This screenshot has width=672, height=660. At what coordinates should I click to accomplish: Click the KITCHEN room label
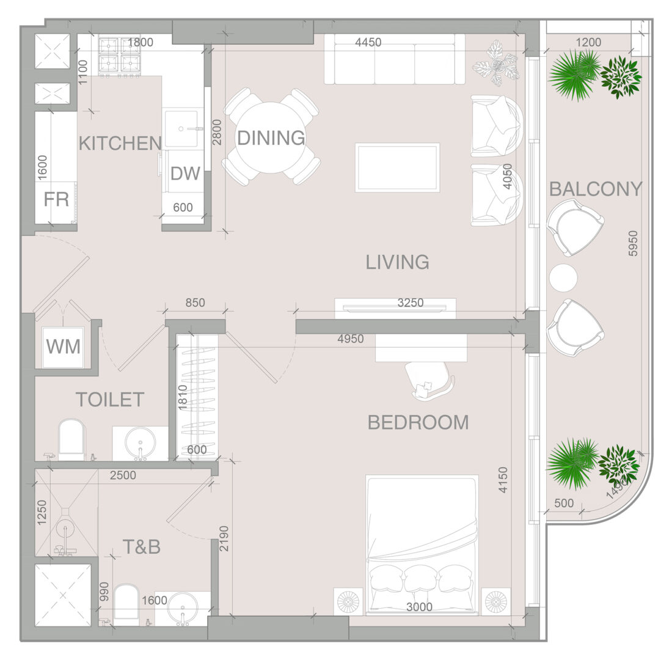[x=120, y=143]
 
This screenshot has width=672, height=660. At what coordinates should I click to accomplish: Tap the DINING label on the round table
[x=271, y=138]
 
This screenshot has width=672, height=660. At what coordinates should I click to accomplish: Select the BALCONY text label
[x=596, y=189]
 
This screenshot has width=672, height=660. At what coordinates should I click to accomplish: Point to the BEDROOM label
[x=418, y=423]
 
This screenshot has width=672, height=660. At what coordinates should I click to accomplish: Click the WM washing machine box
[x=64, y=346]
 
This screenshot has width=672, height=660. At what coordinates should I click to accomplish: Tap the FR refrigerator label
[x=56, y=199]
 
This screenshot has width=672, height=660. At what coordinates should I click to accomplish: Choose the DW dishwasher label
[x=185, y=174]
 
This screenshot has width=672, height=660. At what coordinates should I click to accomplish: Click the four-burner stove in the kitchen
[x=119, y=57]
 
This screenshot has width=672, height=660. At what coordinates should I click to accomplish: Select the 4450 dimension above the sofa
[x=368, y=42]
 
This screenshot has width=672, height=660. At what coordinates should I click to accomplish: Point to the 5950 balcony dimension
[x=633, y=244]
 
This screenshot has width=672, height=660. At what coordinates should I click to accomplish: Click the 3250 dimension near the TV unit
[x=410, y=302]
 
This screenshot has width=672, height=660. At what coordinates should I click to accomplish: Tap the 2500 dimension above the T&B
[x=123, y=475]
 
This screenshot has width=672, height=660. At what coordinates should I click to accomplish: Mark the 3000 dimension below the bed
[x=419, y=607]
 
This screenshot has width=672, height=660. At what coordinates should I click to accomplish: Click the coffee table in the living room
[x=397, y=167]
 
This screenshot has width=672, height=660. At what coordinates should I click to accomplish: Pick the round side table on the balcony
[x=563, y=277]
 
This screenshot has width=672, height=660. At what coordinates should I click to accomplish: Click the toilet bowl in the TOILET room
[x=71, y=438]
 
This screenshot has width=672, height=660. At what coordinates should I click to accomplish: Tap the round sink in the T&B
[x=183, y=609]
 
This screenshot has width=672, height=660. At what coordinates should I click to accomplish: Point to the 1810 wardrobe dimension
[x=183, y=398]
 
